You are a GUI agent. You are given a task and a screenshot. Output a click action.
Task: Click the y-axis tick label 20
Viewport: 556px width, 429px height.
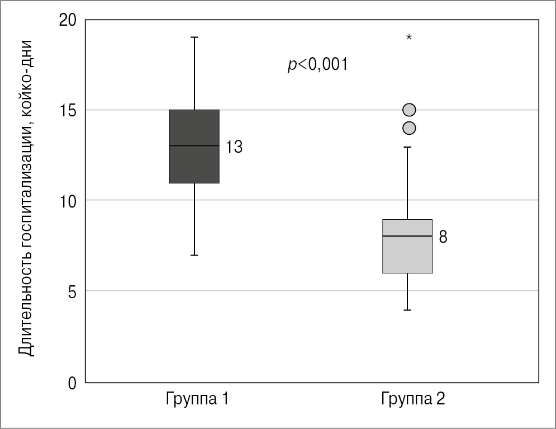[x=68, y=20]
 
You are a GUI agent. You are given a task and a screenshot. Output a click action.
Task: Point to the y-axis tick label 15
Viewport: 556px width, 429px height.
[x=68, y=110]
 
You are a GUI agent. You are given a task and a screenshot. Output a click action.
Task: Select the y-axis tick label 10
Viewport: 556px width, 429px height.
[x=68, y=201]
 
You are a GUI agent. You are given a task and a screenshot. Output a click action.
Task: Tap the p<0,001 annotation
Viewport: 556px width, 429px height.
[x=317, y=65]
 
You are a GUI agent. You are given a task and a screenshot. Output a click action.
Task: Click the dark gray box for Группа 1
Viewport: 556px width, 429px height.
[x=194, y=147]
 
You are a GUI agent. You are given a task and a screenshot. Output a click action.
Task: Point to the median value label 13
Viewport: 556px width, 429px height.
[x=234, y=147]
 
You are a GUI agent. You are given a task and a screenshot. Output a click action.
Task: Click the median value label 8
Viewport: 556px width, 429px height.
[x=443, y=237]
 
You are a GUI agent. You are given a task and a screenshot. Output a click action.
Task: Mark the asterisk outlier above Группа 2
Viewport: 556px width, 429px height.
[x=409, y=37]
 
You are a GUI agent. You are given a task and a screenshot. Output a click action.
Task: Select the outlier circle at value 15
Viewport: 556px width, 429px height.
[x=409, y=110]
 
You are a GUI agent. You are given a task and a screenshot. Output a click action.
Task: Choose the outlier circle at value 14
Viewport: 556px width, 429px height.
[x=409, y=128]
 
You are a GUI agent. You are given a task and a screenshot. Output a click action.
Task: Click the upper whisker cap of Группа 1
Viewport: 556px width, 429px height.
[x=194, y=37]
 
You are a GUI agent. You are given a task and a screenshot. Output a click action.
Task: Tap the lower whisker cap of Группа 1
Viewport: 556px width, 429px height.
[x=194, y=255]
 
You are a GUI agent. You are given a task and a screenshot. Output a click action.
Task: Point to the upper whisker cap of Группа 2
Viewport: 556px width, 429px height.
[x=408, y=147]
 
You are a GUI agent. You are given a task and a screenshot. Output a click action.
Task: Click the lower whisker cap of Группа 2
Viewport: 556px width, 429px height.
[x=408, y=310]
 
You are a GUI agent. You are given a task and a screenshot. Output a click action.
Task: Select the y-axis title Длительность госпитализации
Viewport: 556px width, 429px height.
[x=26, y=199]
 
